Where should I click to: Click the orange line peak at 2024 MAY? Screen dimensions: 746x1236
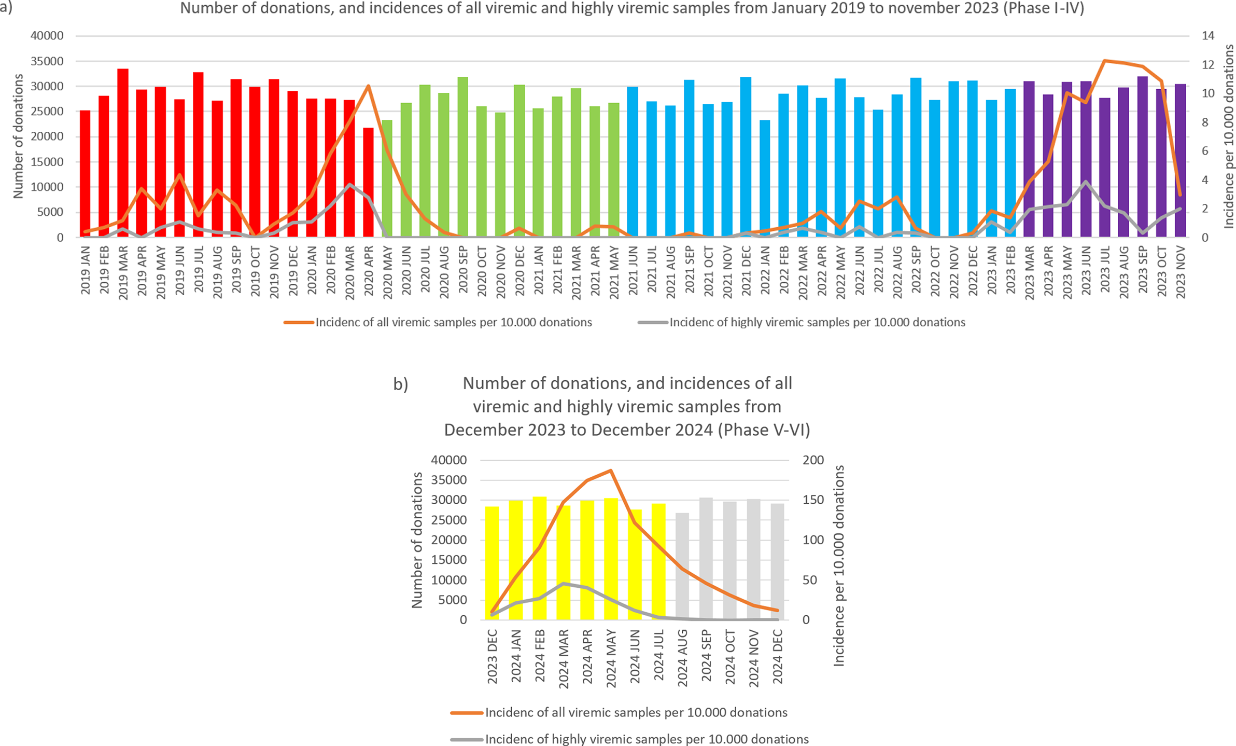tap(611, 471)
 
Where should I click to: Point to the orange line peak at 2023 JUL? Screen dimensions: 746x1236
tap(1105, 61)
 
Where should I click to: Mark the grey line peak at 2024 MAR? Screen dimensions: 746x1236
tap(564, 584)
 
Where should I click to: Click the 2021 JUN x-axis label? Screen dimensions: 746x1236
tap(633, 271)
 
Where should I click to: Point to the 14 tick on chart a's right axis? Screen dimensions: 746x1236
tap(1208, 36)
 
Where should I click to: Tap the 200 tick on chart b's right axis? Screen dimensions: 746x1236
tap(813, 460)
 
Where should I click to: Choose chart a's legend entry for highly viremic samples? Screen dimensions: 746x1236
tap(817, 322)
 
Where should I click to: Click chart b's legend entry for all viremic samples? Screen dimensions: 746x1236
tap(636, 712)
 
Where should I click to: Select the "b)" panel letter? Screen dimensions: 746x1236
tap(401, 384)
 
